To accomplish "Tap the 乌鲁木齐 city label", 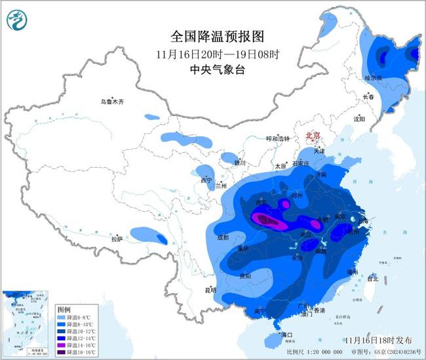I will point(112,102).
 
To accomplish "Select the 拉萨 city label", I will point(117,239).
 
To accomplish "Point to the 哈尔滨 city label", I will point(373,77).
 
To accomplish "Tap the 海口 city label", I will point(285,334).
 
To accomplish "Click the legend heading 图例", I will point(64,308).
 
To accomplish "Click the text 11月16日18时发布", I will point(379,340).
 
